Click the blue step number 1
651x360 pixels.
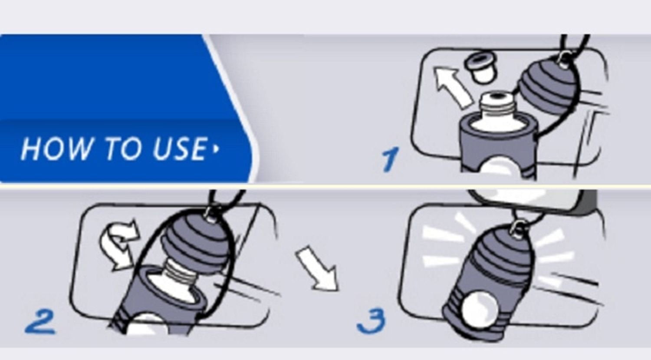[x=390, y=159]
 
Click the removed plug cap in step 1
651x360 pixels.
[x=480, y=68]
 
